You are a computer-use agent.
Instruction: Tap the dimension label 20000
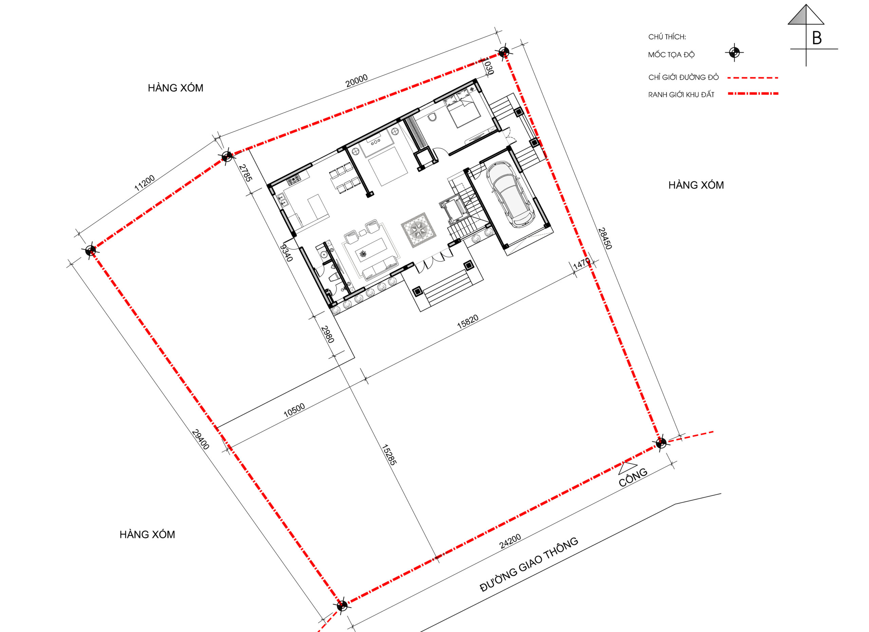click(x=356, y=81)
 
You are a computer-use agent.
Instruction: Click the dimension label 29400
click(x=200, y=439)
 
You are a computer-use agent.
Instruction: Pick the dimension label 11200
click(x=145, y=183)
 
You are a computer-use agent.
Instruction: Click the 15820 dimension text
click(x=467, y=322)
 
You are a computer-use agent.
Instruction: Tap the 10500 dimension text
click(x=294, y=410)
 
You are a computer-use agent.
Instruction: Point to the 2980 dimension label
click(x=328, y=334)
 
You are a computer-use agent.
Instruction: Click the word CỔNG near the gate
click(x=633, y=477)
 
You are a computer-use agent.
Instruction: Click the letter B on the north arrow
click(x=816, y=38)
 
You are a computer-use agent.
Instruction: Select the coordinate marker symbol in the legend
click(x=734, y=53)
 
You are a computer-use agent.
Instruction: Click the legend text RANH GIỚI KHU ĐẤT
click(x=681, y=94)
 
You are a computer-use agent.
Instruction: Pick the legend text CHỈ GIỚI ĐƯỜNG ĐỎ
click(x=684, y=77)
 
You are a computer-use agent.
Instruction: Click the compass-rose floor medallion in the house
click(x=419, y=230)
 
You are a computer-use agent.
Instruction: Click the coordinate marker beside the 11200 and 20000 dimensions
click(x=227, y=156)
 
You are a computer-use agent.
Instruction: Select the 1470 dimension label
click(x=581, y=264)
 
